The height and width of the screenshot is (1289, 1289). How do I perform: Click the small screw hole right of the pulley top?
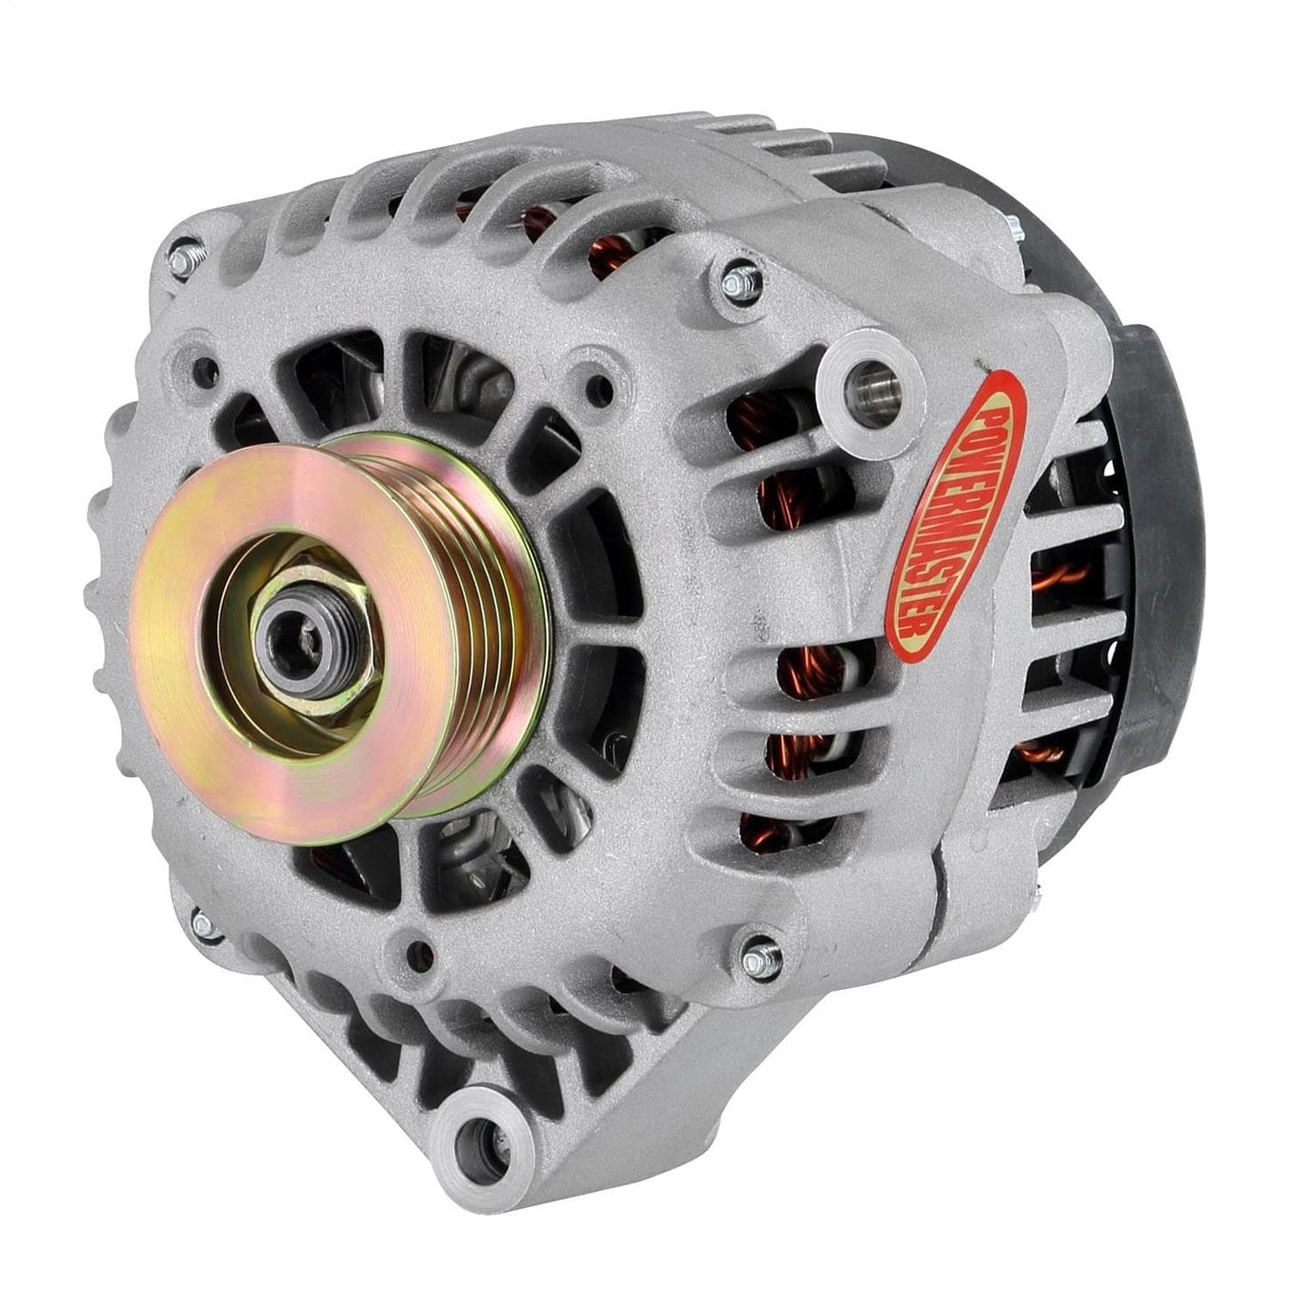[587, 388]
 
